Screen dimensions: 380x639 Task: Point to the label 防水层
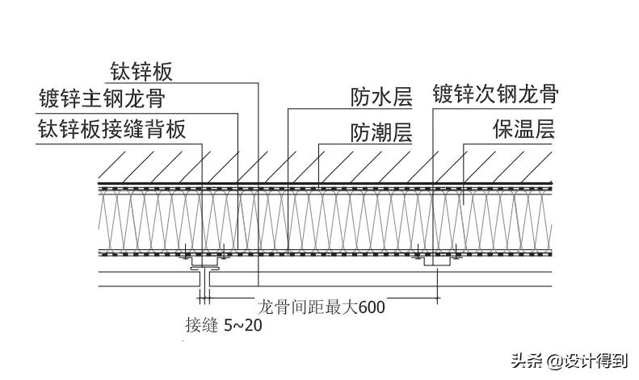pyautogui.click(x=381, y=98)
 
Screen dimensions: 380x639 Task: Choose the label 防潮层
pyautogui.click(x=381, y=132)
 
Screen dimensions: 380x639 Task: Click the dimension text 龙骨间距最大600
pyautogui.click(x=321, y=307)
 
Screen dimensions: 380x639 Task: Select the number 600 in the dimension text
pyautogui.click(x=371, y=307)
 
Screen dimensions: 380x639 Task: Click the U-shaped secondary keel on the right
pyautogui.click(x=436, y=260)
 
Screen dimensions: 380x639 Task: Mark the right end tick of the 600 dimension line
pyautogui.click(x=437, y=296)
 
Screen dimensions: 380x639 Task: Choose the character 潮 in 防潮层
pyautogui.click(x=381, y=132)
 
